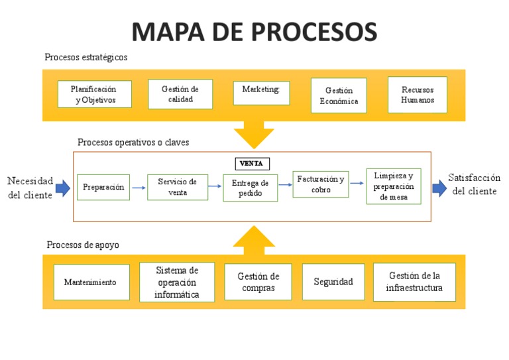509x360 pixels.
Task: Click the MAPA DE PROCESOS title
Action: click(254, 30)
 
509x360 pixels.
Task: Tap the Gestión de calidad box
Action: click(180, 94)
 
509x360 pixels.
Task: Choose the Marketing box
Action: click(261, 93)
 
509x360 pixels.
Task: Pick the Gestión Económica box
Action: click(339, 95)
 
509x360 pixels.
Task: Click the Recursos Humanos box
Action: click(418, 95)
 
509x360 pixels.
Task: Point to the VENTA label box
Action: click(253, 163)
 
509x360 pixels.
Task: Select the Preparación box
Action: click(103, 188)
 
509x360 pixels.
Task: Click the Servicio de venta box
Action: click(177, 187)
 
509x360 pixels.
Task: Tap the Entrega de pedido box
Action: click(251, 188)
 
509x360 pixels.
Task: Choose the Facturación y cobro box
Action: click(321, 184)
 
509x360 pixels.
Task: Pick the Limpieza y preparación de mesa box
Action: click(394, 186)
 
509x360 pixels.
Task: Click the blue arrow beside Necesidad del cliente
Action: click(62, 188)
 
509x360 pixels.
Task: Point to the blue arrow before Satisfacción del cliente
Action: click(439, 188)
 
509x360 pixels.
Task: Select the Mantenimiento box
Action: click(90, 282)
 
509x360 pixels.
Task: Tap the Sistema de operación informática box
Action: click(177, 282)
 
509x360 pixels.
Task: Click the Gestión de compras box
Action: click(258, 282)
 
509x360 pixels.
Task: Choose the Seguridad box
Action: click(333, 282)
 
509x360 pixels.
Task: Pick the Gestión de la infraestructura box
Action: click(414, 282)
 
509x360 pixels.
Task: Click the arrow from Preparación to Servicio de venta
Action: click(138, 188)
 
